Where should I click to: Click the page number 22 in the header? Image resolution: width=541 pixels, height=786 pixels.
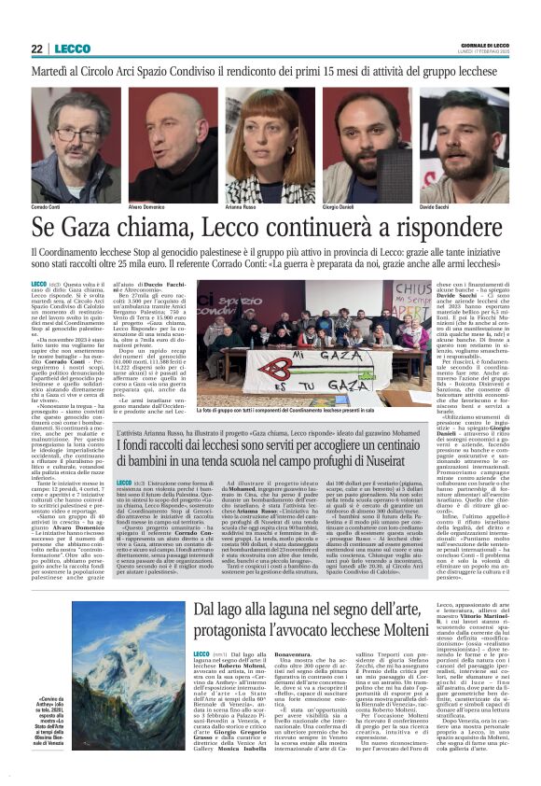click(x=37, y=49)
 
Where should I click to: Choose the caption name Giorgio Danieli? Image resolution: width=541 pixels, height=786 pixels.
click(x=339, y=206)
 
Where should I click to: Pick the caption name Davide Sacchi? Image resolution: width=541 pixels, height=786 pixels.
click(x=437, y=206)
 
